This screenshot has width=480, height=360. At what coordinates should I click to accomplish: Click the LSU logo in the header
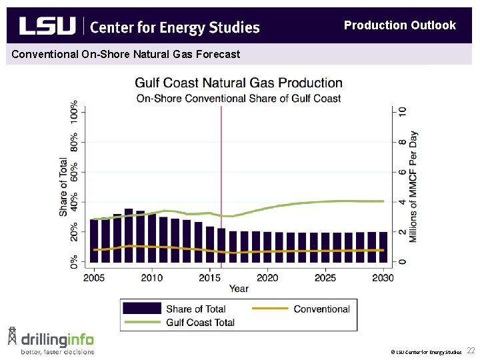click(47, 26)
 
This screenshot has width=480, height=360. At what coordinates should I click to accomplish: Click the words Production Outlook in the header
click(399, 25)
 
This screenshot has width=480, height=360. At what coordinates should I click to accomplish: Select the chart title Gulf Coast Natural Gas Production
click(239, 83)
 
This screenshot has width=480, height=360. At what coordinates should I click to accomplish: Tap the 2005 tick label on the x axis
click(94, 277)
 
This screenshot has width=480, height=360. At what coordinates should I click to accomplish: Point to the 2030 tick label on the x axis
click(383, 277)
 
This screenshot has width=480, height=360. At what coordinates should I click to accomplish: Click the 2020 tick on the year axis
click(267, 277)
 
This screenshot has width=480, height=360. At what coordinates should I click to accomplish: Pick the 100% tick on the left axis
click(74, 113)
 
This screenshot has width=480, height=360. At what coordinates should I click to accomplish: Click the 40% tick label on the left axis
click(74, 203)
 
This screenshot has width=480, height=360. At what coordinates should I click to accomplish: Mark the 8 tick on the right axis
click(402, 142)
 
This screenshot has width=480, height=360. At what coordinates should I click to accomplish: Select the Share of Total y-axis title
click(63, 187)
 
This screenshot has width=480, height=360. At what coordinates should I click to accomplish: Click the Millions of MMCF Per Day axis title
click(413, 187)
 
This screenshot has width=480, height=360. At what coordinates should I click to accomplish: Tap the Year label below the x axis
click(239, 289)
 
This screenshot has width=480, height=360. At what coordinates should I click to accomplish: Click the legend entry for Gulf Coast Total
click(200, 323)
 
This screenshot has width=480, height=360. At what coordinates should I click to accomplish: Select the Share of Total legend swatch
click(141, 309)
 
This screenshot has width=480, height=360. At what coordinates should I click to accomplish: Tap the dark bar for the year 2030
click(383, 249)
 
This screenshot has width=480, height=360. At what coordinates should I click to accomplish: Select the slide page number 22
click(471, 351)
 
